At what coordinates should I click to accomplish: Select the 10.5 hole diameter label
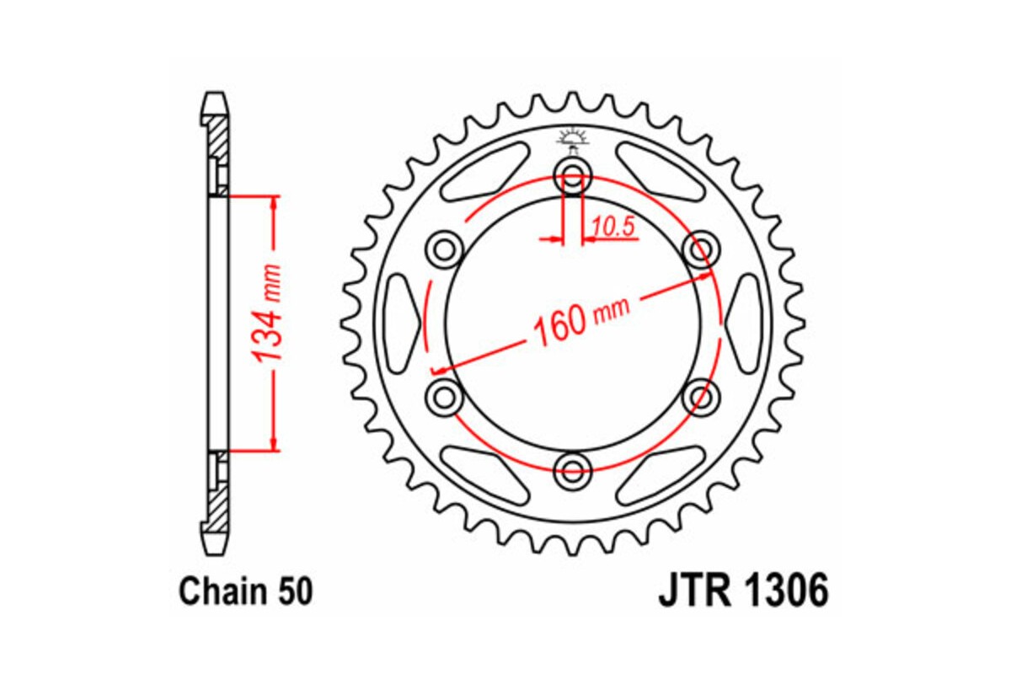click(612, 226)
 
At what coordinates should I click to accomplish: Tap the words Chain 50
click(245, 591)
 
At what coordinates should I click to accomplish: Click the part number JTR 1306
click(743, 591)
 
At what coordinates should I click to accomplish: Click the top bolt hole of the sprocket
click(573, 177)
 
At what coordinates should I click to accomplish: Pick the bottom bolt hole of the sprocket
click(573, 468)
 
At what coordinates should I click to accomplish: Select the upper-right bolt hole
click(698, 249)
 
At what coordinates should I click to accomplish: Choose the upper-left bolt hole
click(446, 249)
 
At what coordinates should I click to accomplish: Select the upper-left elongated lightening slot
click(483, 172)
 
